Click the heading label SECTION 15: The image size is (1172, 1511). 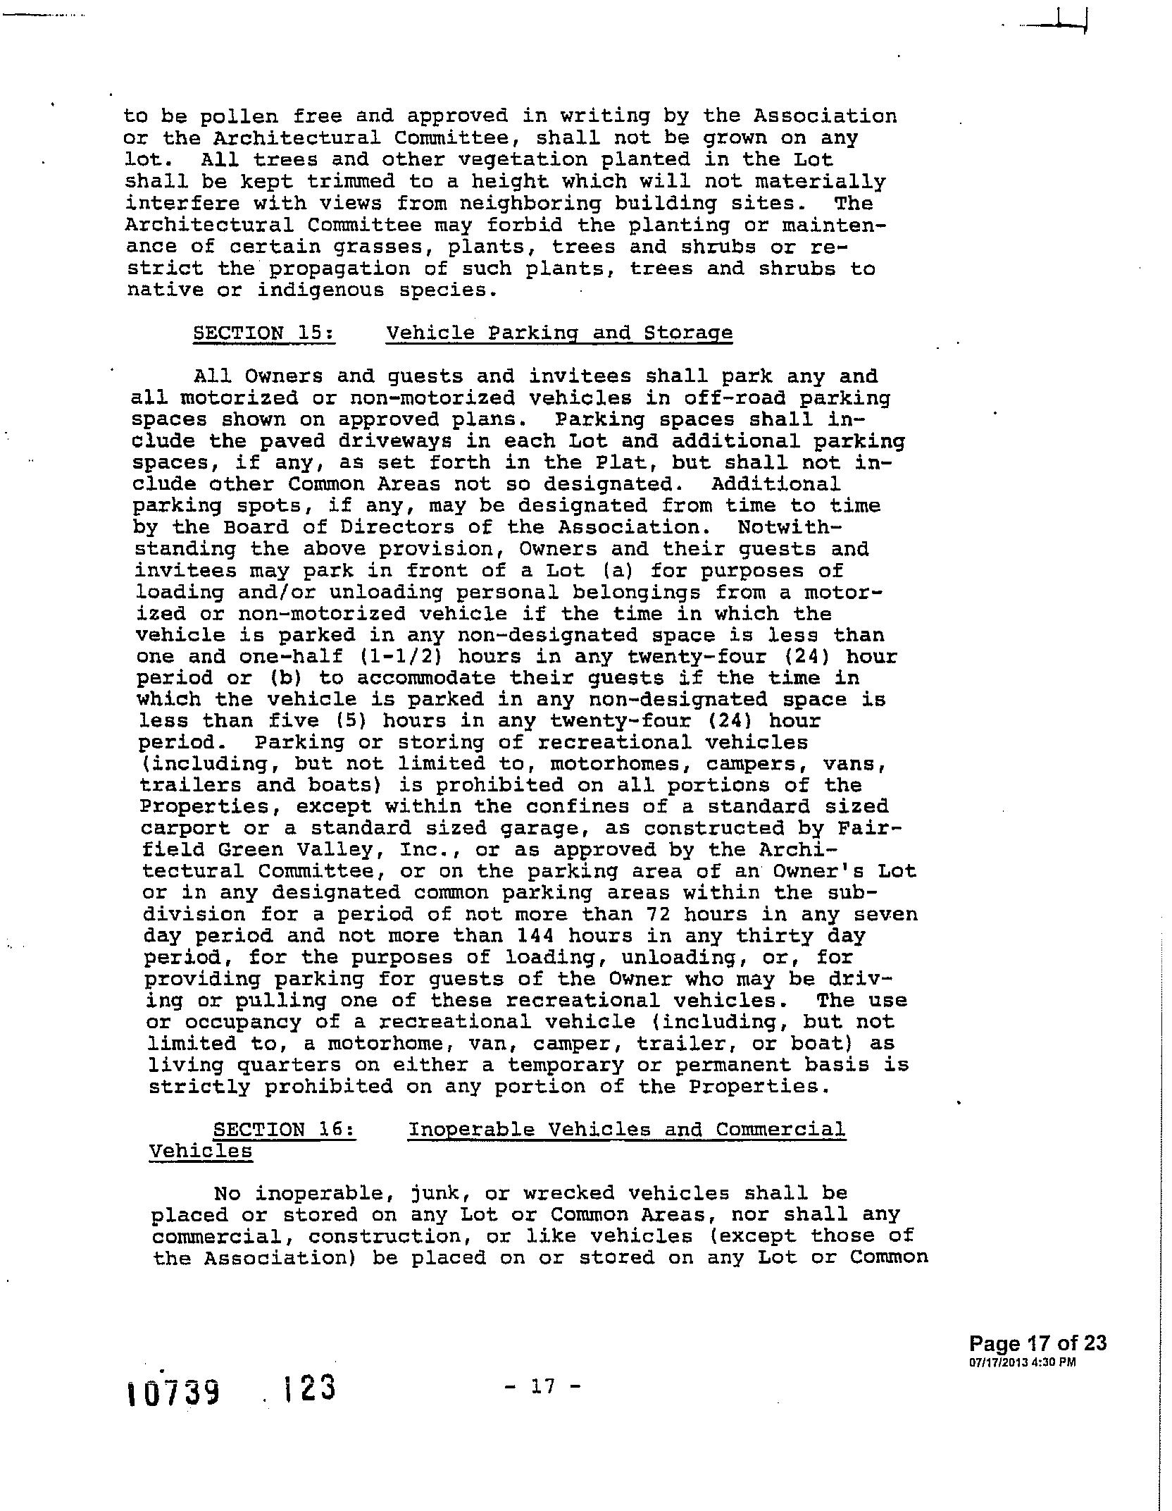tap(264, 333)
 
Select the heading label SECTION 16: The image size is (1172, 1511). tap(285, 1130)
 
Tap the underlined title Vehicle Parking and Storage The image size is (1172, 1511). tap(559, 333)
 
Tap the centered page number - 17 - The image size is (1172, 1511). tap(543, 1386)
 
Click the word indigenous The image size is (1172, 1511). tap(320, 290)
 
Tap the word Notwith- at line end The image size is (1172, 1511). tap(790, 527)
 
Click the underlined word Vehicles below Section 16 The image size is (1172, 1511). tap(201, 1152)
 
